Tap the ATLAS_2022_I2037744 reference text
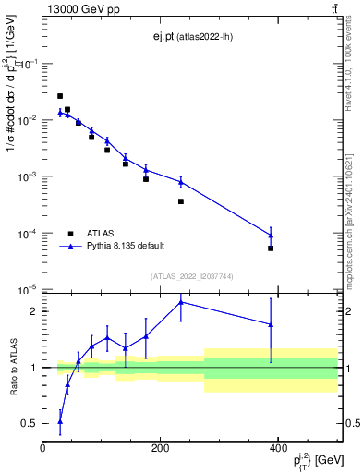point(190,276)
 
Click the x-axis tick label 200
point(161,448)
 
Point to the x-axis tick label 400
point(278,448)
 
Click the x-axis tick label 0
point(43,448)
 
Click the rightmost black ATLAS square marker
point(271,249)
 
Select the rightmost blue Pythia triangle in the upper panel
point(271,235)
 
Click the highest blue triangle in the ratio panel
point(181,302)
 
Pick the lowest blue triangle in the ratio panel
point(60,421)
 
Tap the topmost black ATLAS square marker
point(60,96)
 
